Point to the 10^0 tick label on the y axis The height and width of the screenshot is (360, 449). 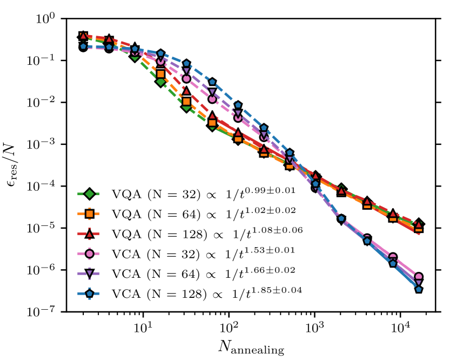click(46, 19)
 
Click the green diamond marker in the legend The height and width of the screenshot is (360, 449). click(90, 194)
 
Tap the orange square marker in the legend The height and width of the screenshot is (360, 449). click(90, 214)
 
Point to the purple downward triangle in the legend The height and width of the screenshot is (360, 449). click(90, 272)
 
